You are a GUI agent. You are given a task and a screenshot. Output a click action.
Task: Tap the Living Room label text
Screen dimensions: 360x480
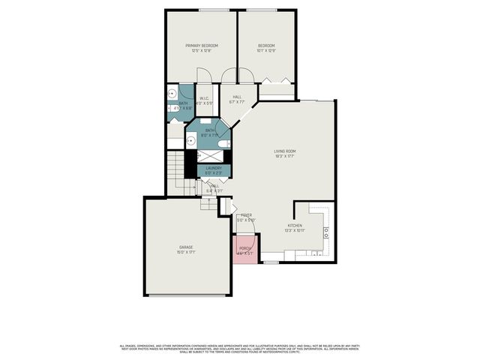[x=285, y=151]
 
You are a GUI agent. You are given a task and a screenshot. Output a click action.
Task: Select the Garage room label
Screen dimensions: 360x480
[x=186, y=247]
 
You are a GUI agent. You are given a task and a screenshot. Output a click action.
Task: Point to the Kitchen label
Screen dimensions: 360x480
[x=295, y=225]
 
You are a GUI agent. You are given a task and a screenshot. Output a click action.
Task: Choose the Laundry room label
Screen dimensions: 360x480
[x=214, y=168]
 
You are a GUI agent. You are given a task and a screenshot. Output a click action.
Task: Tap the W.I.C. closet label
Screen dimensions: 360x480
[x=205, y=98]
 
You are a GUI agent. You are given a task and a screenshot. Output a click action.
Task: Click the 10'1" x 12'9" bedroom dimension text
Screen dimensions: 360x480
[x=267, y=51]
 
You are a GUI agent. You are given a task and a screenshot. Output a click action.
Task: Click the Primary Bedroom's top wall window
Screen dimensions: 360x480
[x=209, y=10]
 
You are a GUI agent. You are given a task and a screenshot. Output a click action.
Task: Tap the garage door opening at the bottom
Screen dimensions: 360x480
[x=187, y=295]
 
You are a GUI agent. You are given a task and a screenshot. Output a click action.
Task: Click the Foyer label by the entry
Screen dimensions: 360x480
[x=246, y=215]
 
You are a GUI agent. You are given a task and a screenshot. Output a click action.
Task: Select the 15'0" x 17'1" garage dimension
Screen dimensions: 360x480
[x=186, y=253]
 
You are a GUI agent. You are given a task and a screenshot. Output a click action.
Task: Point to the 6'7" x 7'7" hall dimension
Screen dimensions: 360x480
[x=237, y=102]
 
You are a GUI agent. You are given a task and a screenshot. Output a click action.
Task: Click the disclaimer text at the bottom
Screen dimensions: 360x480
[x=240, y=348]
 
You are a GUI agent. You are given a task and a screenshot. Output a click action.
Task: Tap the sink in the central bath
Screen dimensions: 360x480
[x=190, y=139]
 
